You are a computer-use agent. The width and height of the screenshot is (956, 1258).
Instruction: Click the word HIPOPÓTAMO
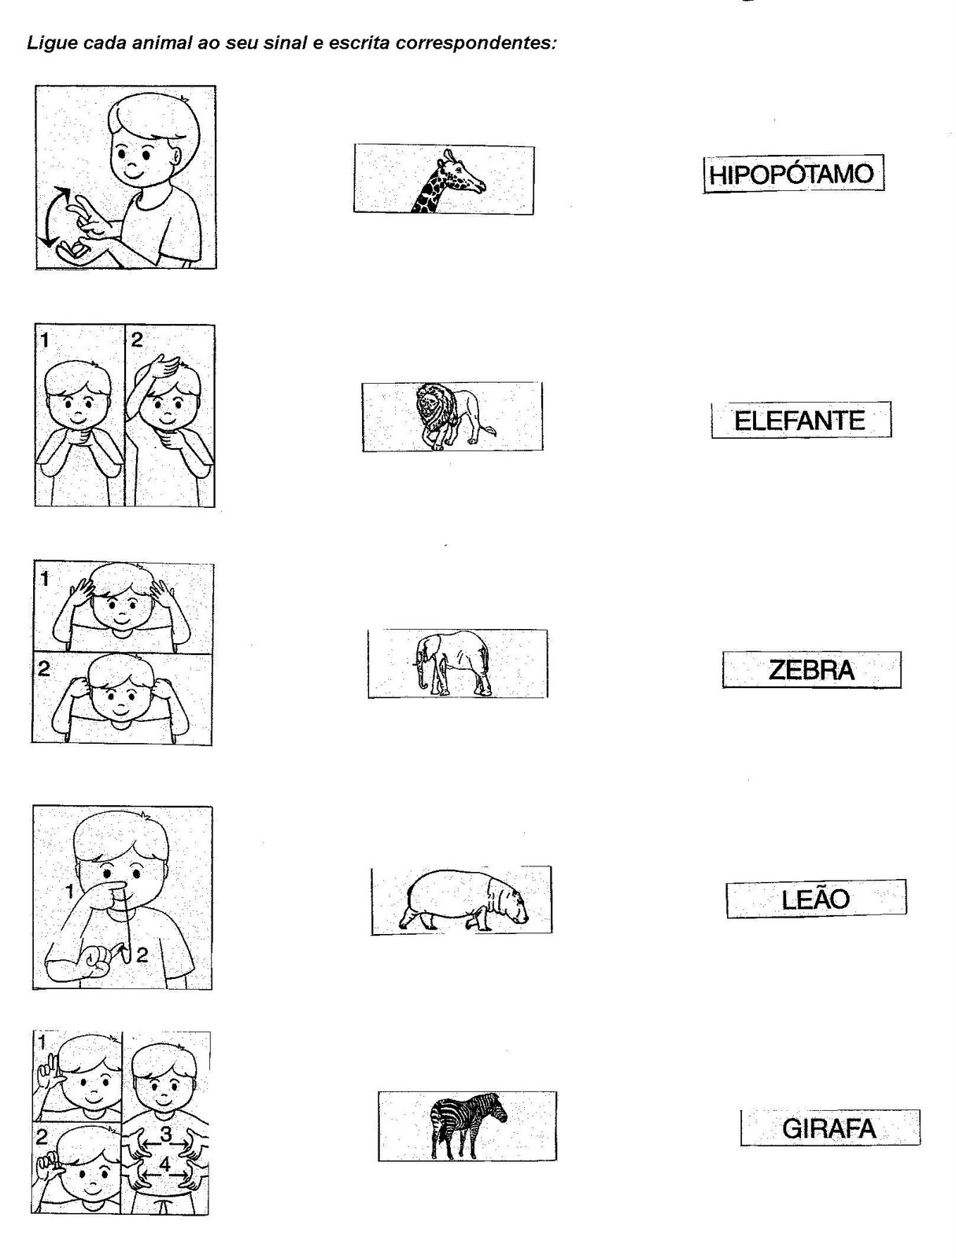pyautogui.click(x=792, y=174)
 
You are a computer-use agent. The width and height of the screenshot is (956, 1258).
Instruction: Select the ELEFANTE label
pyautogui.click(x=799, y=421)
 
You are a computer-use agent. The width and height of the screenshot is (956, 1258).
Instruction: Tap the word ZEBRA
pyautogui.click(x=811, y=670)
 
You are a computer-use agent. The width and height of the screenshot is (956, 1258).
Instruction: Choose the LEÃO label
pyautogui.click(x=815, y=899)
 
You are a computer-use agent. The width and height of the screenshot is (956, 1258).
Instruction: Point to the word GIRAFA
pyautogui.click(x=829, y=1129)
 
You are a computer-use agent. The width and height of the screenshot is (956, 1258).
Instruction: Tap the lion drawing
pyautogui.click(x=453, y=415)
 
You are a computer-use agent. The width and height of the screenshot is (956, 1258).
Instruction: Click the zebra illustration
pyautogui.click(x=468, y=1126)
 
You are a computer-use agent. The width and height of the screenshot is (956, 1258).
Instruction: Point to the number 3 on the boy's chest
pyautogui.click(x=166, y=1134)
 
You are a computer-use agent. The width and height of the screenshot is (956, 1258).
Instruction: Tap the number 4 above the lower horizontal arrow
pyautogui.click(x=165, y=1164)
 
